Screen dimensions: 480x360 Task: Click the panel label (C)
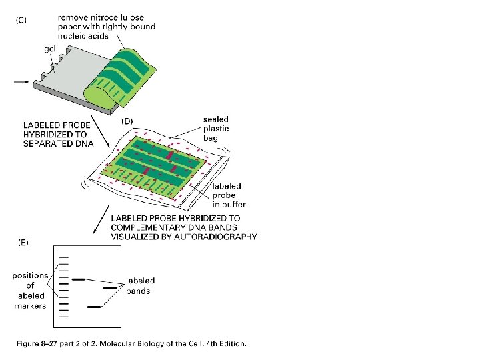point(22,20)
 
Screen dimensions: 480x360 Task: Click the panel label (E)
point(22,243)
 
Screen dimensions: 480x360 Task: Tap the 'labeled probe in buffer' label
point(229,195)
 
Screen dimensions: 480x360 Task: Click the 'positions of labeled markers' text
point(30,291)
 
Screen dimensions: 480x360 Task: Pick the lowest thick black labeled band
point(94,307)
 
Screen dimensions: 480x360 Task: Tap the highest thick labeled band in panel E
point(78,279)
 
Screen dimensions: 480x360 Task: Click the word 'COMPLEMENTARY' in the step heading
point(147,227)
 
